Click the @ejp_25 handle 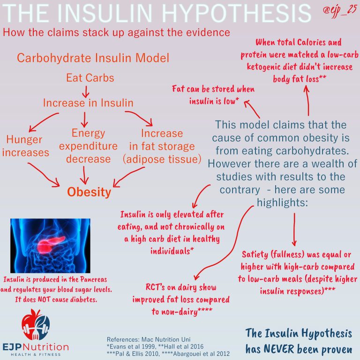(x=340, y=11)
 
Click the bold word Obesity (x=89, y=192)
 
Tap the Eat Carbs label (x=90, y=78)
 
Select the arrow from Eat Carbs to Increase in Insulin (x=86, y=92)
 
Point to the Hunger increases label (x=25, y=146)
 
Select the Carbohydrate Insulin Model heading (x=93, y=58)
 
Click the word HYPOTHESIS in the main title (x=237, y=13)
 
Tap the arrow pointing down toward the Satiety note (x=294, y=229)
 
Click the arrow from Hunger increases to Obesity (x=44, y=175)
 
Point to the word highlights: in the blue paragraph (x=282, y=202)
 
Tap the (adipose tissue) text (x=162, y=159)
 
